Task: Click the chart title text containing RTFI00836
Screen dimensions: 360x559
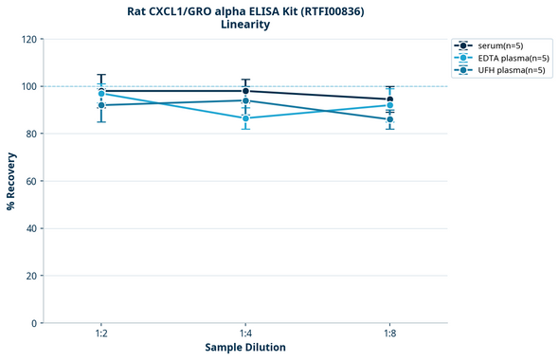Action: (244, 11)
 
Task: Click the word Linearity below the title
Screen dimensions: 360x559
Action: (244, 25)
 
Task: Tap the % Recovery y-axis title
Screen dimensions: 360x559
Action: (11, 181)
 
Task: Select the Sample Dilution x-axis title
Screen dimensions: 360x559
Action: (245, 348)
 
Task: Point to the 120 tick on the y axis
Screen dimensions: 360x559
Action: (28, 39)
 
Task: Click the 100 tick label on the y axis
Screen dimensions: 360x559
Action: (28, 86)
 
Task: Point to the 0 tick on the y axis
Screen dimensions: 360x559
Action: (34, 323)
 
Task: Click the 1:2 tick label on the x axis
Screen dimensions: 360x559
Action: (101, 333)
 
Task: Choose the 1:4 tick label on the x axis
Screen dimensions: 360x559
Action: (245, 333)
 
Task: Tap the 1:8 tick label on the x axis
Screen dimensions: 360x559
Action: (389, 333)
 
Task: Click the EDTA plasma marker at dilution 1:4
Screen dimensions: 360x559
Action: (245, 118)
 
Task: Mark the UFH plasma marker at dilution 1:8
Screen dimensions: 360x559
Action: (389, 119)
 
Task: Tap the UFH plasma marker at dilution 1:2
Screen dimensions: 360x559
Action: (101, 105)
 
